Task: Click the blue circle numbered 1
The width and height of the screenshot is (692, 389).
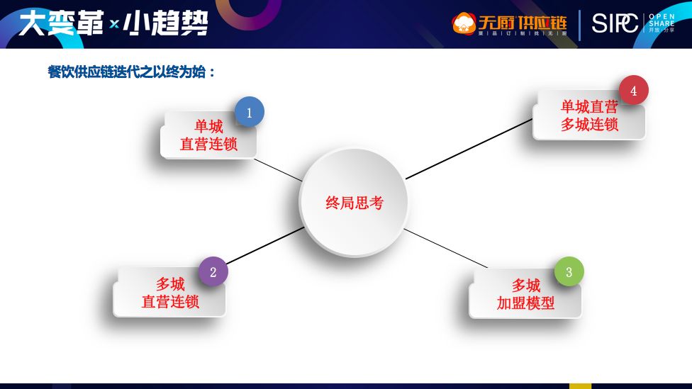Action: tap(249, 112)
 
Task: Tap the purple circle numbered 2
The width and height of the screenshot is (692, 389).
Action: tap(213, 271)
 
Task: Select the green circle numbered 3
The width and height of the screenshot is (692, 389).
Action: tap(569, 271)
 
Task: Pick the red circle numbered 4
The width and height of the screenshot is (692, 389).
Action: tap(633, 91)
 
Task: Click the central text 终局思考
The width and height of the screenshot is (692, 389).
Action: tap(354, 203)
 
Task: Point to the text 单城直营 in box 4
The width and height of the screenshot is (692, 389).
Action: tap(589, 107)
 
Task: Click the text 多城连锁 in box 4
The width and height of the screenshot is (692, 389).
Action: tap(589, 125)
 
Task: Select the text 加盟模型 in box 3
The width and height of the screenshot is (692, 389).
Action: tap(525, 303)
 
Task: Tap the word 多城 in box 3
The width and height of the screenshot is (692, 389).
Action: tap(525, 286)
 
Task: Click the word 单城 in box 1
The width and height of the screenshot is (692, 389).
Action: tap(208, 127)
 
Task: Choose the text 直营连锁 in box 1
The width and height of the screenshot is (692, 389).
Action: tap(208, 145)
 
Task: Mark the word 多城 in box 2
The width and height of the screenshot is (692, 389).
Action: tap(170, 284)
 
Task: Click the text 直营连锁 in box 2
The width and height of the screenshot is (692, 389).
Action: tap(170, 302)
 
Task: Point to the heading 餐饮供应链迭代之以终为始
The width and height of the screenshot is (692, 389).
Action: tap(131, 72)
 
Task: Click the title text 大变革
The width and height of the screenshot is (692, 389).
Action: tap(60, 23)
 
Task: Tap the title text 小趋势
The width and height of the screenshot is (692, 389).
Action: tap(166, 23)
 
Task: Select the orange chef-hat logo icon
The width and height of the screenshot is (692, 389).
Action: tap(464, 23)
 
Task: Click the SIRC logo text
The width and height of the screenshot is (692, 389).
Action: tap(615, 23)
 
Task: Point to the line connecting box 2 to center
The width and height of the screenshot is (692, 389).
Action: tap(264, 246)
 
